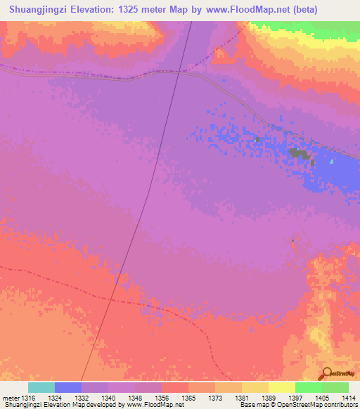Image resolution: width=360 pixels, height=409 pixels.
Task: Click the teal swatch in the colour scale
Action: tap(41, 387)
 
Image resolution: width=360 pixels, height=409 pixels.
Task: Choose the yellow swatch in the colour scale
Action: tap(281, 387)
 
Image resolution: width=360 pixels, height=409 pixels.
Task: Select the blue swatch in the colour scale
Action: tap(68, 387)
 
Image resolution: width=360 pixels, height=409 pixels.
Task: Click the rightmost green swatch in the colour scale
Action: tap(335, 387)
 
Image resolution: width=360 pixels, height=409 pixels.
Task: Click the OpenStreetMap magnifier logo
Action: tap(326, 374)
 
